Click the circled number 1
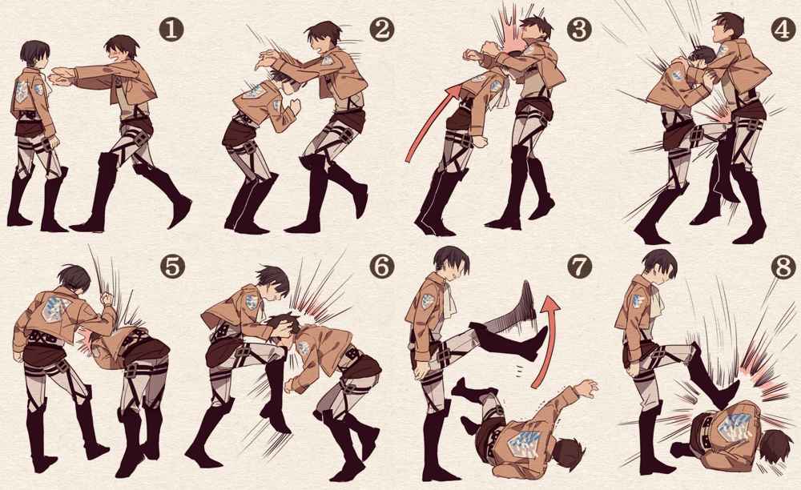click(x=171, y=30)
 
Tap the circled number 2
click(x=381, y=30)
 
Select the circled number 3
click(x=579, y=29)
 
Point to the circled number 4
click(x=783, y=29)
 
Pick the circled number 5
click(x=172, y=266)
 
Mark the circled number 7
click(x=579, y=266)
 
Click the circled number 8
click(x=783, y=267)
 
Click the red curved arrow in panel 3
click(x=427, y=118)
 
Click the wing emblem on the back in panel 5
click(x=55, y=308)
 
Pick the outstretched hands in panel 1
click(x=62, y=77)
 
